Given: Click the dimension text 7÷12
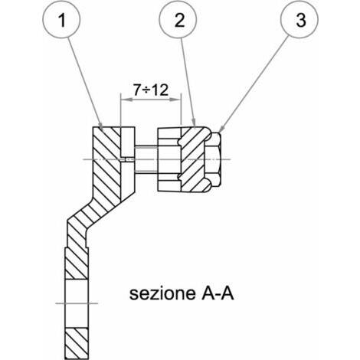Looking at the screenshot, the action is coord(151,90).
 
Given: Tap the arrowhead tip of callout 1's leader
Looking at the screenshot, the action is coord(102,129).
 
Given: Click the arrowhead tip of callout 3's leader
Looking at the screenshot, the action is coord(220,133).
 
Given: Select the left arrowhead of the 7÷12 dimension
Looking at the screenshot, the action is coord(121,100).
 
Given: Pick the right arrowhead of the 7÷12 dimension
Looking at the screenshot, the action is coord(181,100).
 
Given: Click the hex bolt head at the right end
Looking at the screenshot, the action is coord(213,159).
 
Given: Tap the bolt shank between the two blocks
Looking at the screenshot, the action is coord(146,159).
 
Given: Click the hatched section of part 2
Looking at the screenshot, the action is coord(193,159).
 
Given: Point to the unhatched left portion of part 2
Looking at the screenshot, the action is coord(169,159).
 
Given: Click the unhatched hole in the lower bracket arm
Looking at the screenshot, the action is coord(77,303).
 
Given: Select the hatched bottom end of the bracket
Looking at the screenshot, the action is coord(77,343).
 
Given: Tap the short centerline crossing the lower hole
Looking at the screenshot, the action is coord(77,303).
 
